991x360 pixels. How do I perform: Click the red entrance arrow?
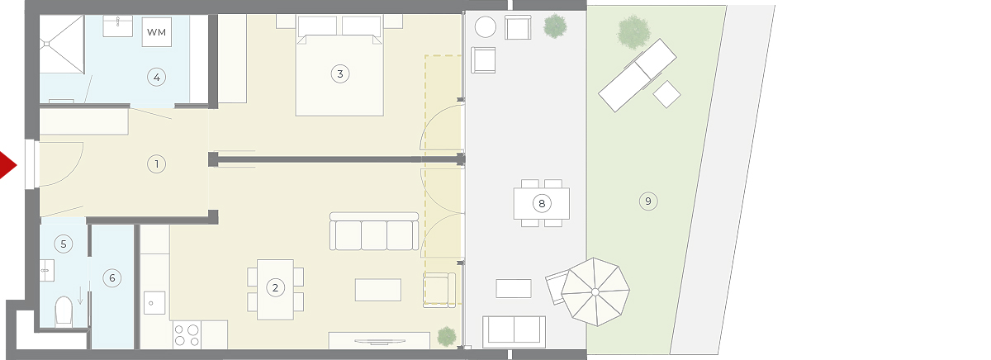[7, 165]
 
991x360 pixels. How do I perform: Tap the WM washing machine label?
[156, 32]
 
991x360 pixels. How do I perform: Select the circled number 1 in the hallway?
[156, 164]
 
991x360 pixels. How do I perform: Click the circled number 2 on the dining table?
[275, 288]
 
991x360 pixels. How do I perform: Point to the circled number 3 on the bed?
[339, 73]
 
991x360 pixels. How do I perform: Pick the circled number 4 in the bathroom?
[156, 78]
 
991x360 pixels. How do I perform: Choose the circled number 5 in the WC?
[64, 244]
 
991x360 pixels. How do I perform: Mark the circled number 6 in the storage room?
[112, 277]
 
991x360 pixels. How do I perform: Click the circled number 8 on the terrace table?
[542, 203]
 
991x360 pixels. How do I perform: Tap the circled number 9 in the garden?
[648, 201]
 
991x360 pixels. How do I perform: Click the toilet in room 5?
[64, 311]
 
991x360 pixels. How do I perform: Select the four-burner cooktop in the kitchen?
[187, 334]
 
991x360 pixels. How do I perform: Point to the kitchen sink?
[154, 303]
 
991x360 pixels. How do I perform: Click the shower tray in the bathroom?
[61, 44]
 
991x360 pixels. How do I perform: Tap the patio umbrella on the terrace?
[595, 292]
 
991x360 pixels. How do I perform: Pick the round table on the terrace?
[486, 27]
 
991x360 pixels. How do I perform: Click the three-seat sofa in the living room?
[374, 231]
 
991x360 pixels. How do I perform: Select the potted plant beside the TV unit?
[447, 337]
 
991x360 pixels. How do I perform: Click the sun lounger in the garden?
[637, 75]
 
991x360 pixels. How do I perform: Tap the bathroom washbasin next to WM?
[117, 26]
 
